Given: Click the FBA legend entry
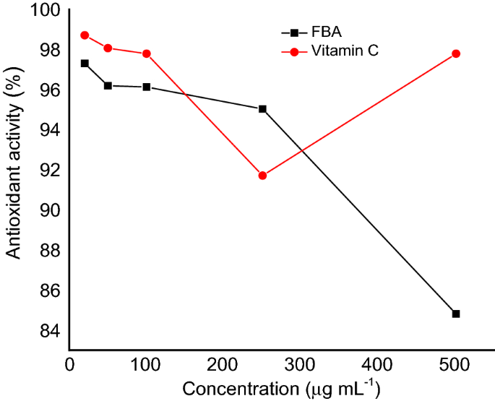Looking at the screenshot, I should (x=311, y=33).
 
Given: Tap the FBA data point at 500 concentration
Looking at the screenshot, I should (x=456, y=314).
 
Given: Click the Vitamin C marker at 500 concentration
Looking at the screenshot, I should (x=456, y=53).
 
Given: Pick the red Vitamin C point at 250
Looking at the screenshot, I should (x=262, y=176).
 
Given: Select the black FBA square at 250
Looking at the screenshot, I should (x=262, y=109).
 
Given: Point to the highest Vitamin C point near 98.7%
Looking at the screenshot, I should (x=85, y=35).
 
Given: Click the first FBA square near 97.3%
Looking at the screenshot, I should (x=85, y=64).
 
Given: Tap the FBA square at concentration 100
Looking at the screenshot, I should (x=147, y=87).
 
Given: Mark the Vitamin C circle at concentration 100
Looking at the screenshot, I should (x=147, y=53).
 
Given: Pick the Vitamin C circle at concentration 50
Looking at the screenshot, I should (x=108, y=48).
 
